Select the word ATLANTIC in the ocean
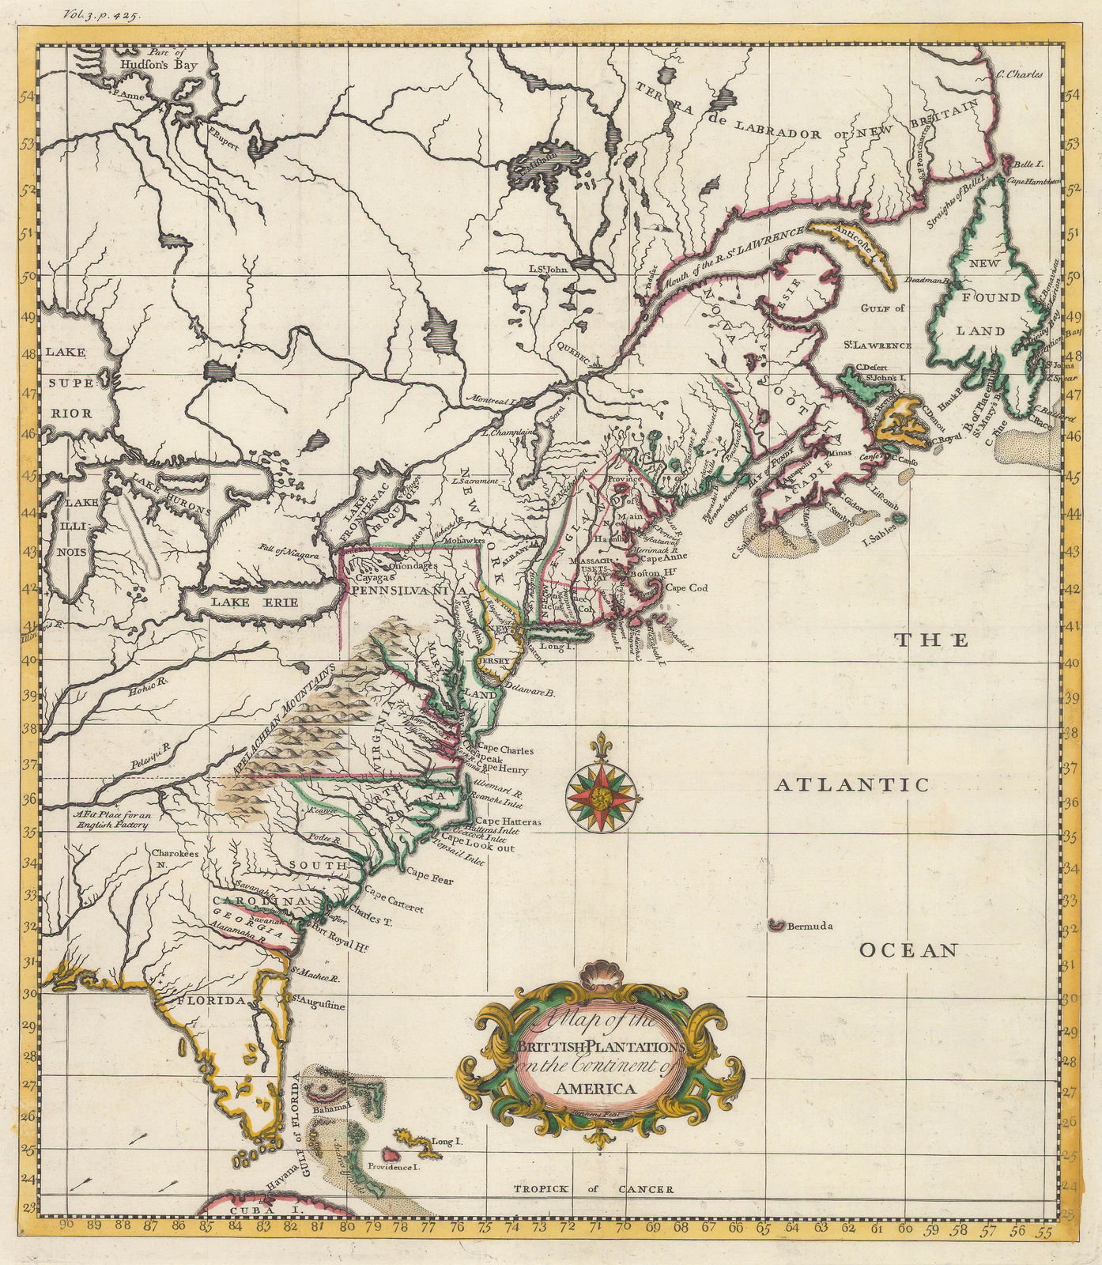pyautogui.click(x=850, y=785)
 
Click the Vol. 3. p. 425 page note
pyautogui.click(x=99, y=13)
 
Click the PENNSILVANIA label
pyautogui.click(x=400, y=590)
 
